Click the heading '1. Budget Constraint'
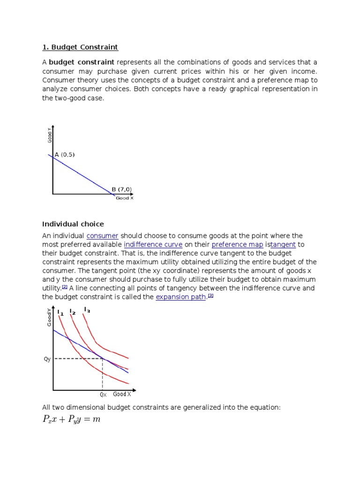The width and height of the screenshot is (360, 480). pyautogui.click(x=80, y=47)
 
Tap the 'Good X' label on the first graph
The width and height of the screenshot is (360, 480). pyautogui.click(x=125, y=198)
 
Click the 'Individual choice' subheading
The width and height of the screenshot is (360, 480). pyautogui.click(x=73, y=224)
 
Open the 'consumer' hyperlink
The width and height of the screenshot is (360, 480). pyautogui.click(x=102, y=236)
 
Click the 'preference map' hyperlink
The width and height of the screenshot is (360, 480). pyautogui.click(x=237, y=245)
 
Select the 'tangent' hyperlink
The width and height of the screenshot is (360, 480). pyautogui.click(x=284, y=245)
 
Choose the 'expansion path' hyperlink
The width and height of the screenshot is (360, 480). pyautogui.click(x=181, y=298)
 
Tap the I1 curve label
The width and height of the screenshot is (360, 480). pyautogui.click(x=60, y=313)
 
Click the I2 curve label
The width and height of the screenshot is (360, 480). pyautogui.click(x=72, y=311)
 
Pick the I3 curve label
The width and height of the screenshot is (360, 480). pyautogui.click(x=87, y=309)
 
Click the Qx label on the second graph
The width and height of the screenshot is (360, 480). pyautogui.click(x=103, y=395)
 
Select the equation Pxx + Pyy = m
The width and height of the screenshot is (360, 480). pyautogui.click(x=71, y=420)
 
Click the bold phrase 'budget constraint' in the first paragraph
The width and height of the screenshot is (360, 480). pyautogui.click(x=82, y=62)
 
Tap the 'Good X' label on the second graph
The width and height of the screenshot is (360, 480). pyautogui.click(x=122, y=395)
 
